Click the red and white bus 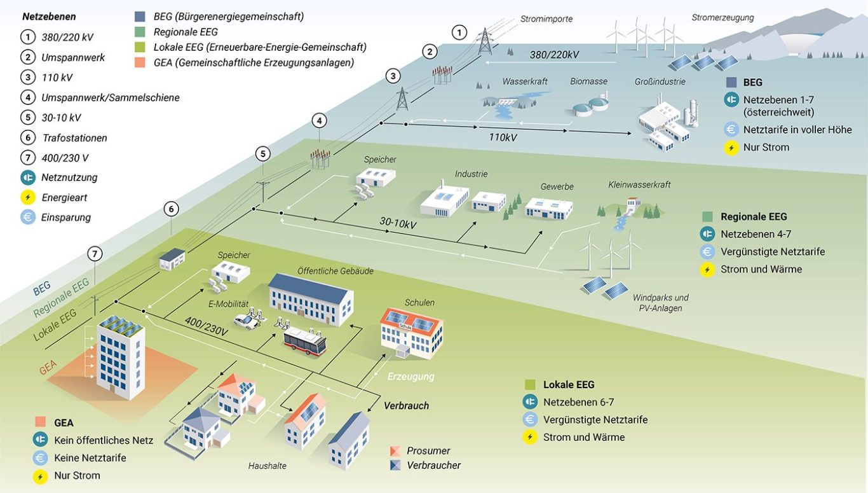305,342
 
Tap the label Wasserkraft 525,81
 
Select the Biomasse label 588,81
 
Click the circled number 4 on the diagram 319,121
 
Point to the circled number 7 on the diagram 95,254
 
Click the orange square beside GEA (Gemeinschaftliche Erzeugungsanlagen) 140,62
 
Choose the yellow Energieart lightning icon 28,197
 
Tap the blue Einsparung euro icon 28,217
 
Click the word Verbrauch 407,406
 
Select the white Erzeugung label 410,376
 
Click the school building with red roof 412,333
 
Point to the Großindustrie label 660,81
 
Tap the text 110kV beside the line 503,137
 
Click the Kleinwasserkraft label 639,184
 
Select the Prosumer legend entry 428,451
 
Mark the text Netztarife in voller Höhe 797,130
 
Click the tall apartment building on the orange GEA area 121,358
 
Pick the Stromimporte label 546,18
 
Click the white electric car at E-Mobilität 247,321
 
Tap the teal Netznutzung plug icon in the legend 28,177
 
